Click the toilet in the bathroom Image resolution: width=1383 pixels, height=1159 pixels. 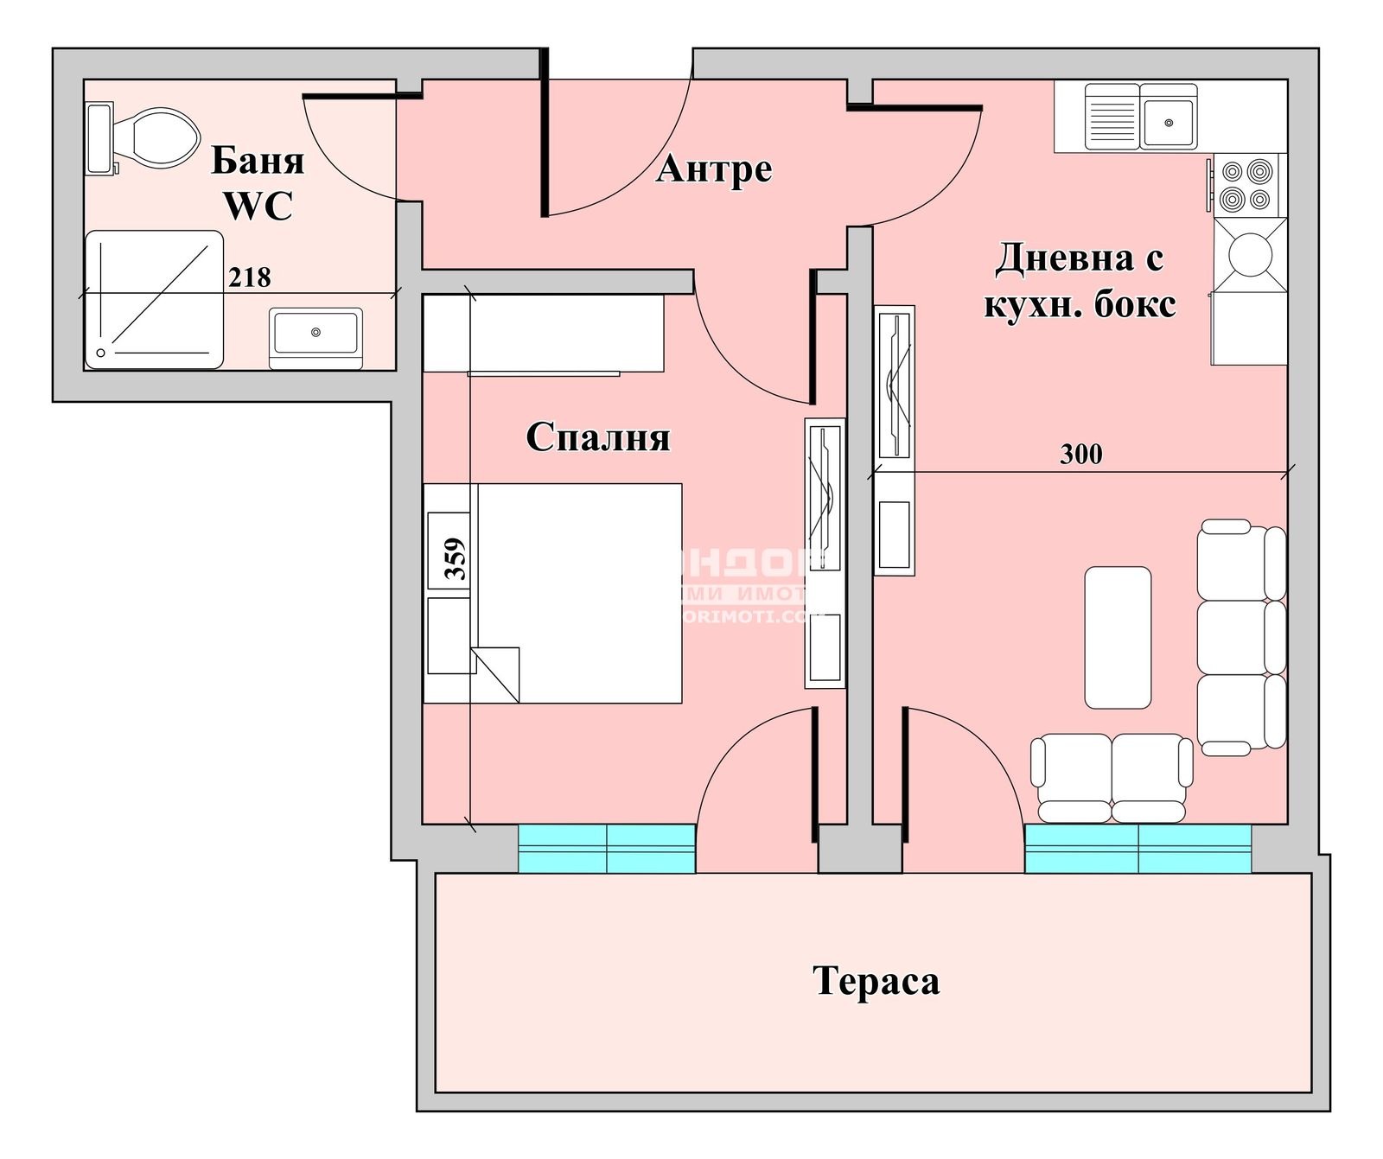156,138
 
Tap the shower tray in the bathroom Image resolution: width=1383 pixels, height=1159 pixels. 154,299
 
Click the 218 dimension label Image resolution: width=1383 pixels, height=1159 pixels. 250,277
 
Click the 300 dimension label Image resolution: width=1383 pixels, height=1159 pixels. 1080,454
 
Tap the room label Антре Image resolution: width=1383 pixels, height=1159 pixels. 714,169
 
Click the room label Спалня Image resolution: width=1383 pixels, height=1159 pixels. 598,437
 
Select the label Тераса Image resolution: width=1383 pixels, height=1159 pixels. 876,981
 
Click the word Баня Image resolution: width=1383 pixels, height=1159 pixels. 258,161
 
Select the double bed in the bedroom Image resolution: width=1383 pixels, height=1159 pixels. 575,593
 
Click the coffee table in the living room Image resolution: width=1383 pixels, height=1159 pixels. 1118,637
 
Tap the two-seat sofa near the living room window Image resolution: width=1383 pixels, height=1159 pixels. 1112,777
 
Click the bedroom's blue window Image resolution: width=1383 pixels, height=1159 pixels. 607,848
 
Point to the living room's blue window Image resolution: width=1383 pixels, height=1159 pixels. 1138,848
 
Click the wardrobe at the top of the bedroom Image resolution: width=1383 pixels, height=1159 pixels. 543,334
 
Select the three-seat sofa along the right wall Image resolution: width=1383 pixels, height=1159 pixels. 1240,637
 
